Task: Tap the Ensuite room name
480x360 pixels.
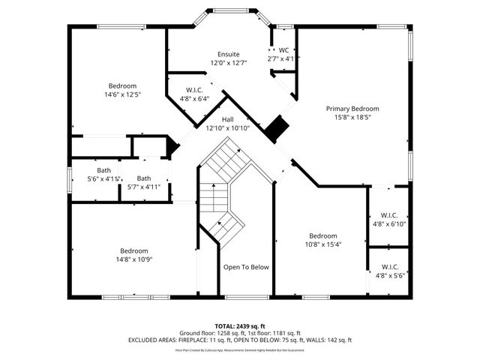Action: tap(229, 55)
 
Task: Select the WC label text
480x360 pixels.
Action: tap(283, 50)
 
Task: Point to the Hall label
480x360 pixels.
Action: tap(228, 119)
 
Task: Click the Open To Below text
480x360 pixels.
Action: tap(246, 267)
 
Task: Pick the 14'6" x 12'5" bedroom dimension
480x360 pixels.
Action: tap(122, 94)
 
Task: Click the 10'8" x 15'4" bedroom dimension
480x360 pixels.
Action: tap(323, 244)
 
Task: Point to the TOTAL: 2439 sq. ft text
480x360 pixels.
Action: tap(239, 326)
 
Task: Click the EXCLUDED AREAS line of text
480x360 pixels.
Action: tap(239, 340)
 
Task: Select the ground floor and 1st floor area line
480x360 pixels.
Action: tap(239, 333)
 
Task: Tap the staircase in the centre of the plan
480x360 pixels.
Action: tap(223, 191)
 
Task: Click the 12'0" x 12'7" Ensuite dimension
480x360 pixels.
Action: tap(229, 63)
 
